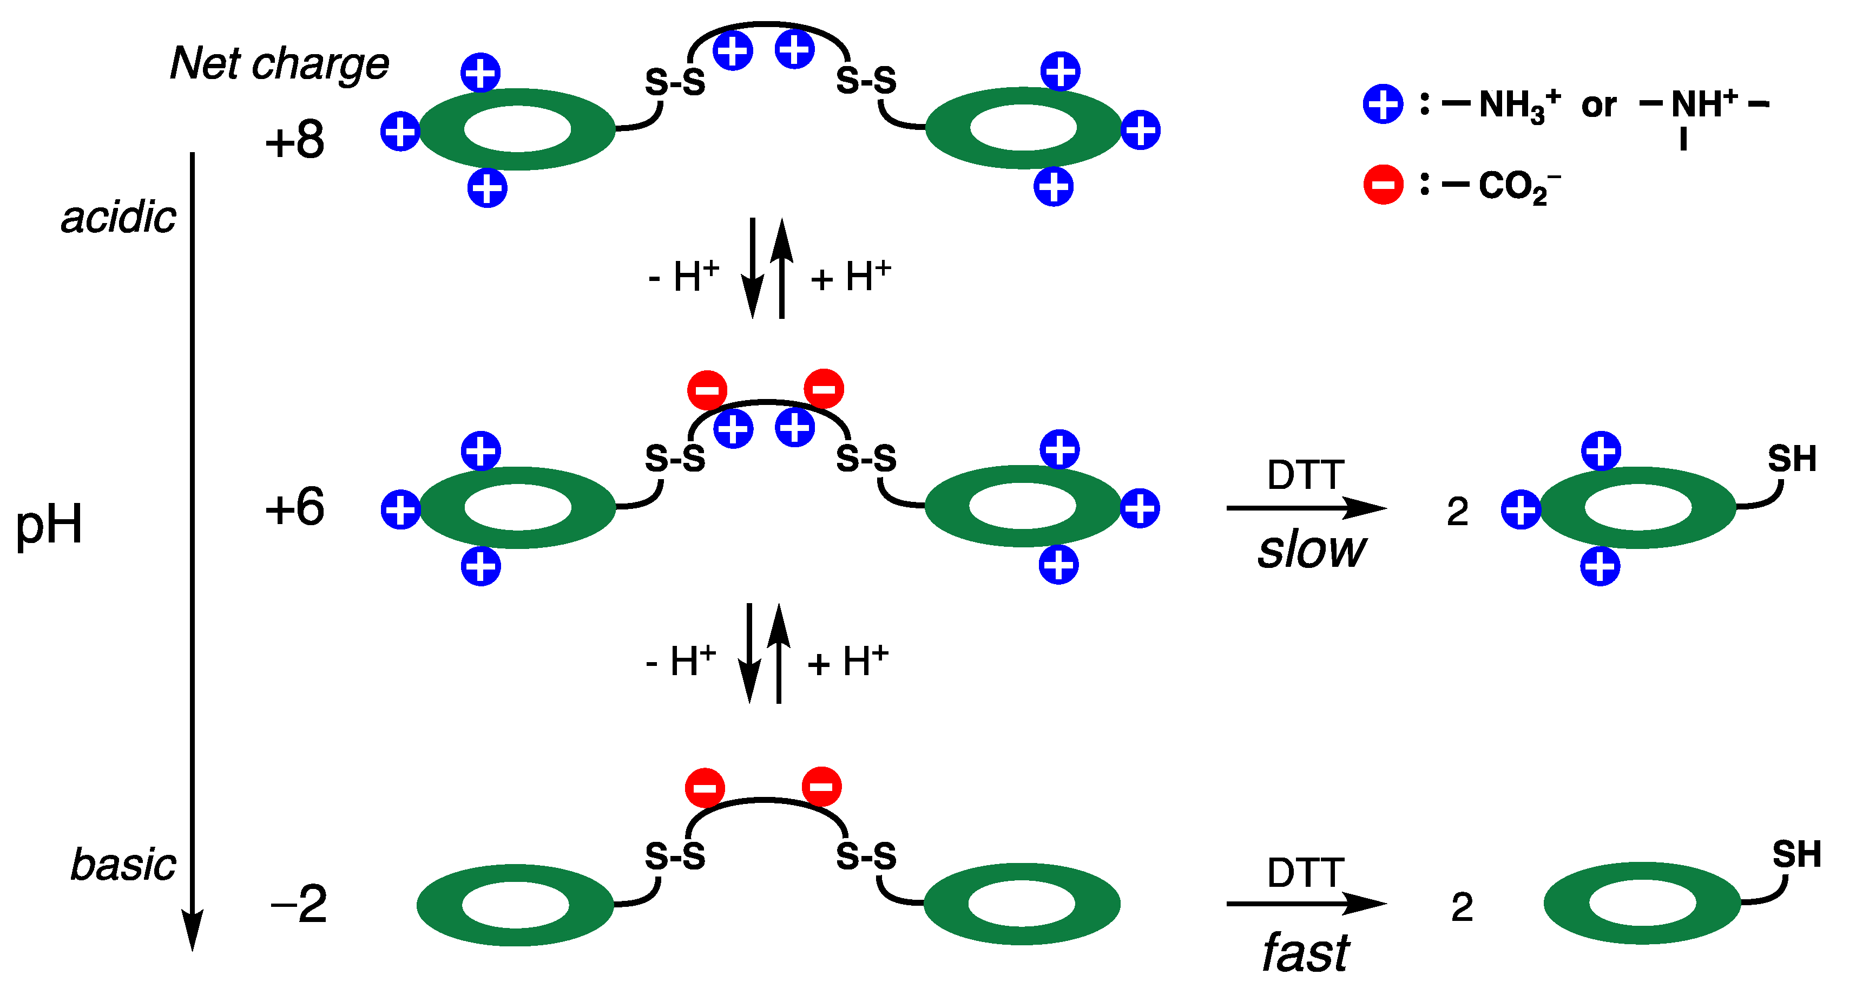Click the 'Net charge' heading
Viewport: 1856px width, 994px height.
coord(280,63)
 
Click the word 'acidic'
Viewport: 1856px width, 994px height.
coord(119,217)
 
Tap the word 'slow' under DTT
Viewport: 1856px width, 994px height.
coord(1311,550)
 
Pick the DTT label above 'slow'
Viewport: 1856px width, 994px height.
coord(1306,475)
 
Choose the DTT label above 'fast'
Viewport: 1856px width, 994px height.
coord(1306,872)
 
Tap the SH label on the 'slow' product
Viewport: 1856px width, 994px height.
coord(1792,459)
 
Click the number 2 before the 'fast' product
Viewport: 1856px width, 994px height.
coord(1462,907)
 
